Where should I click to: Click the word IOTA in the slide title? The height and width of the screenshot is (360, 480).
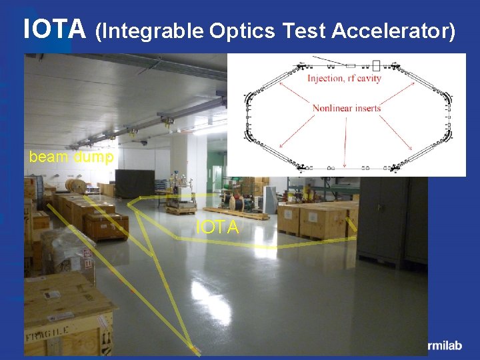pyautogui.click(x=55, y=29)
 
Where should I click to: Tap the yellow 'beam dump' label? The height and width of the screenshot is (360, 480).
pyautogui.click(x=71, y=158)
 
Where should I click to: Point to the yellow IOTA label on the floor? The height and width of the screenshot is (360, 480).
pyautogui.click(x=217, y=228)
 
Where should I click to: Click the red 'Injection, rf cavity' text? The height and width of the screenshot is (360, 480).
pyautogui.click(x=344, y=79)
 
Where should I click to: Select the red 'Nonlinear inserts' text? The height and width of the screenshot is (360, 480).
pyautogui.click(x=346, y=108)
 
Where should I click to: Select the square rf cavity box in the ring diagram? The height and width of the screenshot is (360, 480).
pyautogui.click(x=375, y=65)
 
